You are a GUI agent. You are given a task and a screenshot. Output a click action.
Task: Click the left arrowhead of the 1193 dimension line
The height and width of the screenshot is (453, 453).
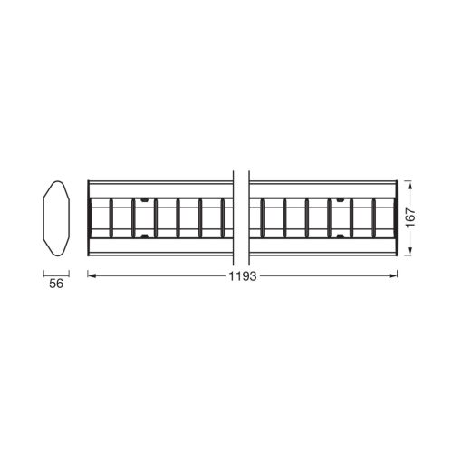91,276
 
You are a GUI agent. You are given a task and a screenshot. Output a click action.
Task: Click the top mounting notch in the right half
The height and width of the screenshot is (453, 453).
340,198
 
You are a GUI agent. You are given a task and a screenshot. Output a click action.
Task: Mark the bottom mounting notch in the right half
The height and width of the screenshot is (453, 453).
340,237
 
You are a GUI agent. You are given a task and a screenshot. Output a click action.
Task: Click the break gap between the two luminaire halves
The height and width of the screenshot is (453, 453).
242,218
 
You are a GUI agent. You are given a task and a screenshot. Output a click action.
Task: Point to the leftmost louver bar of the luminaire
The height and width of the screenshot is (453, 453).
111,218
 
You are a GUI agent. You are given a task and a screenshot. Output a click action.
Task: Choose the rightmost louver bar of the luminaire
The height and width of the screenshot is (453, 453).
373,218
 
